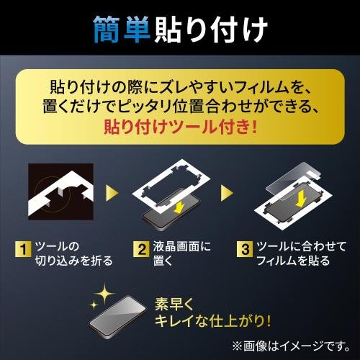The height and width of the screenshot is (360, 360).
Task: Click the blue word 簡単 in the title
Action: (122, 30)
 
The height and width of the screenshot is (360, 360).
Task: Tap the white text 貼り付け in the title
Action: (211, 30)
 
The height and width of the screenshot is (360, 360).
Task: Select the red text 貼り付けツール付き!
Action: (181, 127)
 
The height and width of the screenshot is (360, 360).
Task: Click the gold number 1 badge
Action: (23, 249)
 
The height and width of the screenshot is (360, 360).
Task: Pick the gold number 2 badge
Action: (142, 249)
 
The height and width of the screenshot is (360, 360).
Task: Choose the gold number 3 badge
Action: (245, 249)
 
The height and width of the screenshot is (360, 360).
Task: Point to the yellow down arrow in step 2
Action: (179, 206)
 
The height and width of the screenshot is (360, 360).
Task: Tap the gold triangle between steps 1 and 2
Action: (112, 193)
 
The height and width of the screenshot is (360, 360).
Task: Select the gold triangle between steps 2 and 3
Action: (227, 193)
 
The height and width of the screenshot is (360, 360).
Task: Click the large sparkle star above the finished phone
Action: (104, 294)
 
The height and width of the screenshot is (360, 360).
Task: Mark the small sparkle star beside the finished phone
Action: (94, 305)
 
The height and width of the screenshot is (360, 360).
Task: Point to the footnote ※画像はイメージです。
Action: (291, 346)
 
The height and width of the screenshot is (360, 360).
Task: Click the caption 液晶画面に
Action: (181, 246)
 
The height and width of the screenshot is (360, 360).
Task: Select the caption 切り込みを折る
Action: (74, 261)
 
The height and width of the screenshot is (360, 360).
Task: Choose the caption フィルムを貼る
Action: (293, 261)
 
